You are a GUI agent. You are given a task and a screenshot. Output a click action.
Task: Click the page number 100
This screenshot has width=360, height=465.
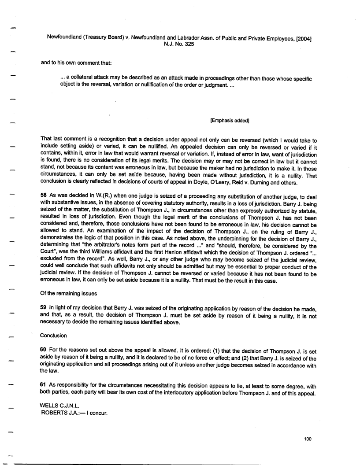point(308,438)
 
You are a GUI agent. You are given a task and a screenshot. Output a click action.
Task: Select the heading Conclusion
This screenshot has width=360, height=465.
point(53,336)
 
